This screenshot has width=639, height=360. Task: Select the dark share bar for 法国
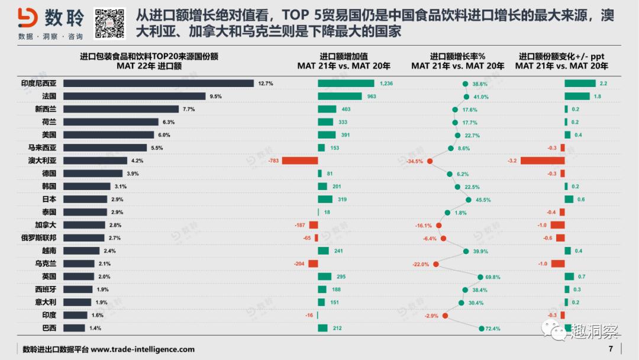(134, 96)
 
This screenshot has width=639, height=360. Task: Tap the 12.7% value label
(266, 83)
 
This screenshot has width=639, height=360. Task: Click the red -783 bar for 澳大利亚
(300, 160)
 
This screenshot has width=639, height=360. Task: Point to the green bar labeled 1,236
(346, 83)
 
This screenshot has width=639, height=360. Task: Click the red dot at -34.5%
(430, 160)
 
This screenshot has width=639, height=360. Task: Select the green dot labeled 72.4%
(482, 328)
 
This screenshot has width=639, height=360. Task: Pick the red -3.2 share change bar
(543, 160)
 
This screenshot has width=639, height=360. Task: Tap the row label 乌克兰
(46, 263)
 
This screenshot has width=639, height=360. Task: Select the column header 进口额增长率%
(458, 56)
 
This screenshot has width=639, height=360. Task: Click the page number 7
(610, 349)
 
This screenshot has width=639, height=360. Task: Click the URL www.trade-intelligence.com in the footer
(142, 349)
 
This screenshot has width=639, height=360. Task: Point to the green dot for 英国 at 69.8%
(480, 277)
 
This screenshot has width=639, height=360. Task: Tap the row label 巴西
(49, 328)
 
